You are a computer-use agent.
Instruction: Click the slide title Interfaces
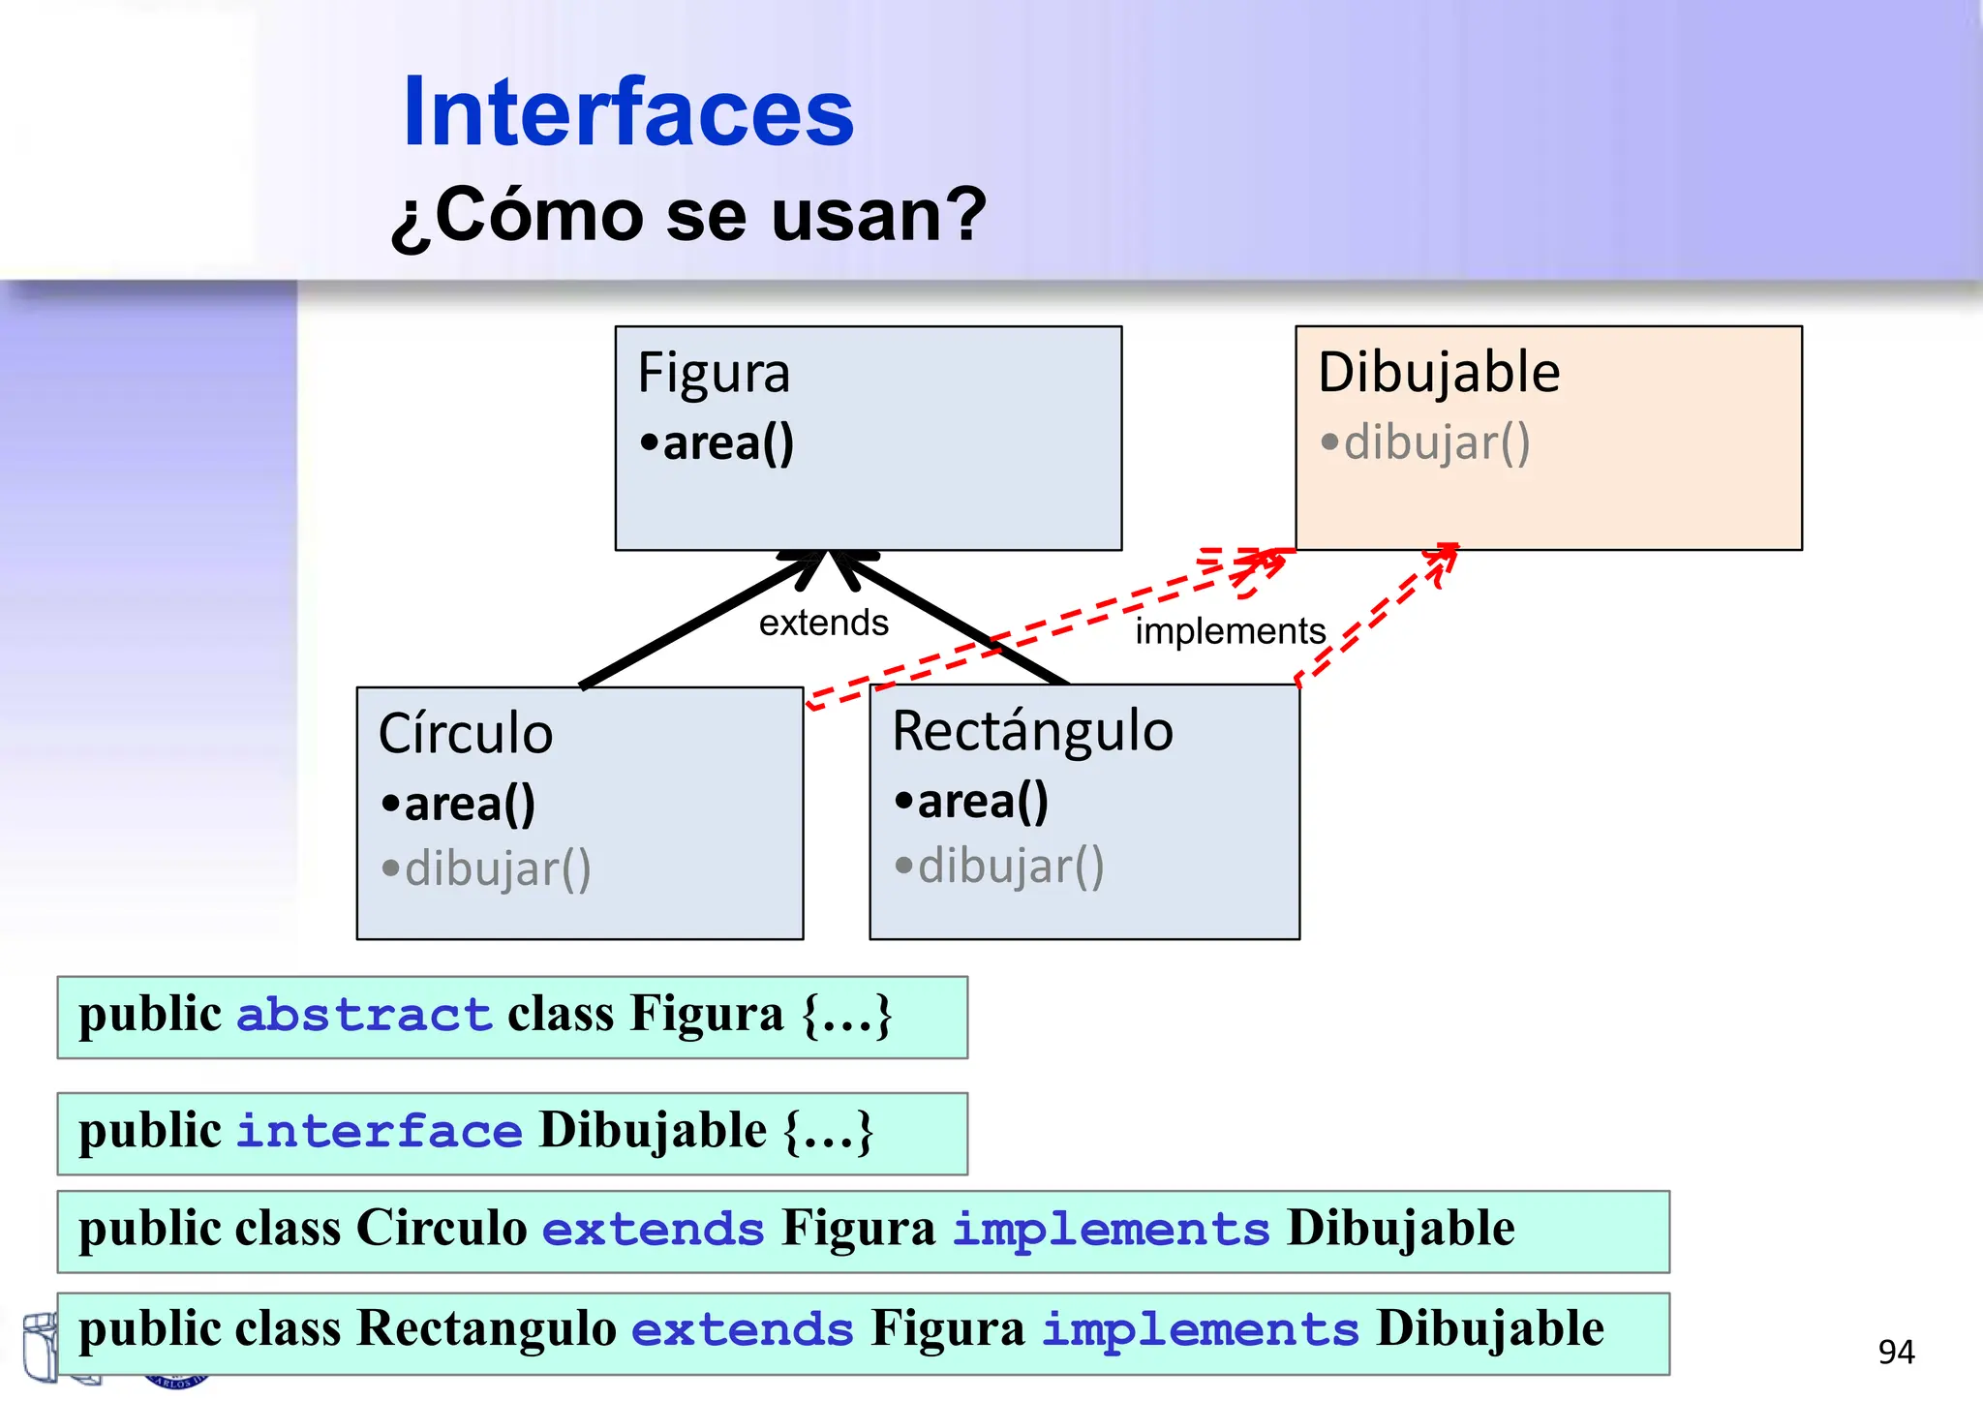[627, 113]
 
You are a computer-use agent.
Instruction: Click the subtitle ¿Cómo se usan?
[688, 215]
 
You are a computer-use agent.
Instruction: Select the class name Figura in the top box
[714, 375]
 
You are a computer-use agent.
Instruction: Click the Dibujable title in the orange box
[1438, 373]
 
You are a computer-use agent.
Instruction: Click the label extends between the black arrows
[823, 623]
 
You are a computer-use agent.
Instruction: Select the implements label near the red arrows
[1230, 631]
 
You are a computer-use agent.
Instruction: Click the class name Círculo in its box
[466, 733]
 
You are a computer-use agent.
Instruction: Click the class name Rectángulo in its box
[1032, 731]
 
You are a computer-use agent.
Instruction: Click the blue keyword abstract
[364, 1016]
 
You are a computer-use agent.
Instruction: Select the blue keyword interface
[379, 1132]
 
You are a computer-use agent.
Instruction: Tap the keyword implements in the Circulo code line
[1111, 1230]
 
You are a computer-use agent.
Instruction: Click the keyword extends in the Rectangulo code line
[742, 1330]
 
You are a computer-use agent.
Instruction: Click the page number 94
[1896, 1352]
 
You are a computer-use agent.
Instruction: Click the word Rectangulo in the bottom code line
[487, 1329]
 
